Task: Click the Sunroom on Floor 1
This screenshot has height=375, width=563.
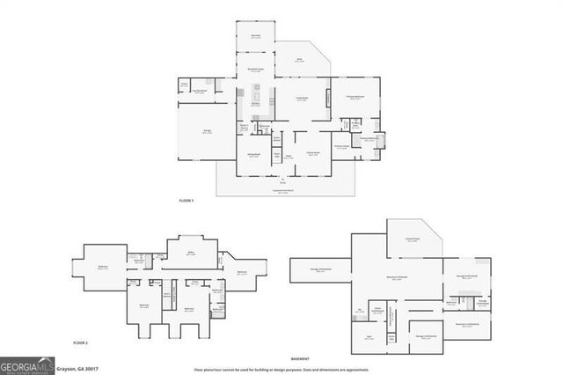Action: click(255, 36)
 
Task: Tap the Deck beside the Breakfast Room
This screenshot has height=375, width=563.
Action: click(299, 61)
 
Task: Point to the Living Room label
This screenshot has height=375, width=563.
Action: click(302, 99)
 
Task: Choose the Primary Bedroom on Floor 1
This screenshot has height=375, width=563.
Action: click(355, 98)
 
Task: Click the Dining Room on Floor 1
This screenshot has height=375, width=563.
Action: click(312, 152)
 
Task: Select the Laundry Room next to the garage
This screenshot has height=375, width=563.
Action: click(201, 90)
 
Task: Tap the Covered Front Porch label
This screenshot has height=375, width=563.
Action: click(283, 190)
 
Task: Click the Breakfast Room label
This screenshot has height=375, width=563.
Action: click(254, 70)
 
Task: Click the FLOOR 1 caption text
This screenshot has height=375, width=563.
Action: click(186, 202)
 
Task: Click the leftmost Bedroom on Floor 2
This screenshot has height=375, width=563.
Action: click(103, 268)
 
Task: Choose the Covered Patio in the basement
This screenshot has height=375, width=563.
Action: click(411, 239)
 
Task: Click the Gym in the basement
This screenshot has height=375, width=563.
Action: click(369, 337)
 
